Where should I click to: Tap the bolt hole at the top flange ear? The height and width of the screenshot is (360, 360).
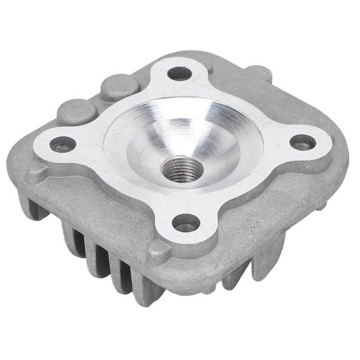tap(180, 73)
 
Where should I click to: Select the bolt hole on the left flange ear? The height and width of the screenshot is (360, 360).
tap(63, 144)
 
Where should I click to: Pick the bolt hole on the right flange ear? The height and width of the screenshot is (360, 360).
tap(302, 142)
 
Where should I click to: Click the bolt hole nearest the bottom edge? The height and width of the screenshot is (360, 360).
tap(186, 222)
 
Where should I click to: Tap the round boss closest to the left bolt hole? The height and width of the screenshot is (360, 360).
tap(76, 111)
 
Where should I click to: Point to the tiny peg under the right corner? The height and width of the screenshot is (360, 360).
tap(321, 207)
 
